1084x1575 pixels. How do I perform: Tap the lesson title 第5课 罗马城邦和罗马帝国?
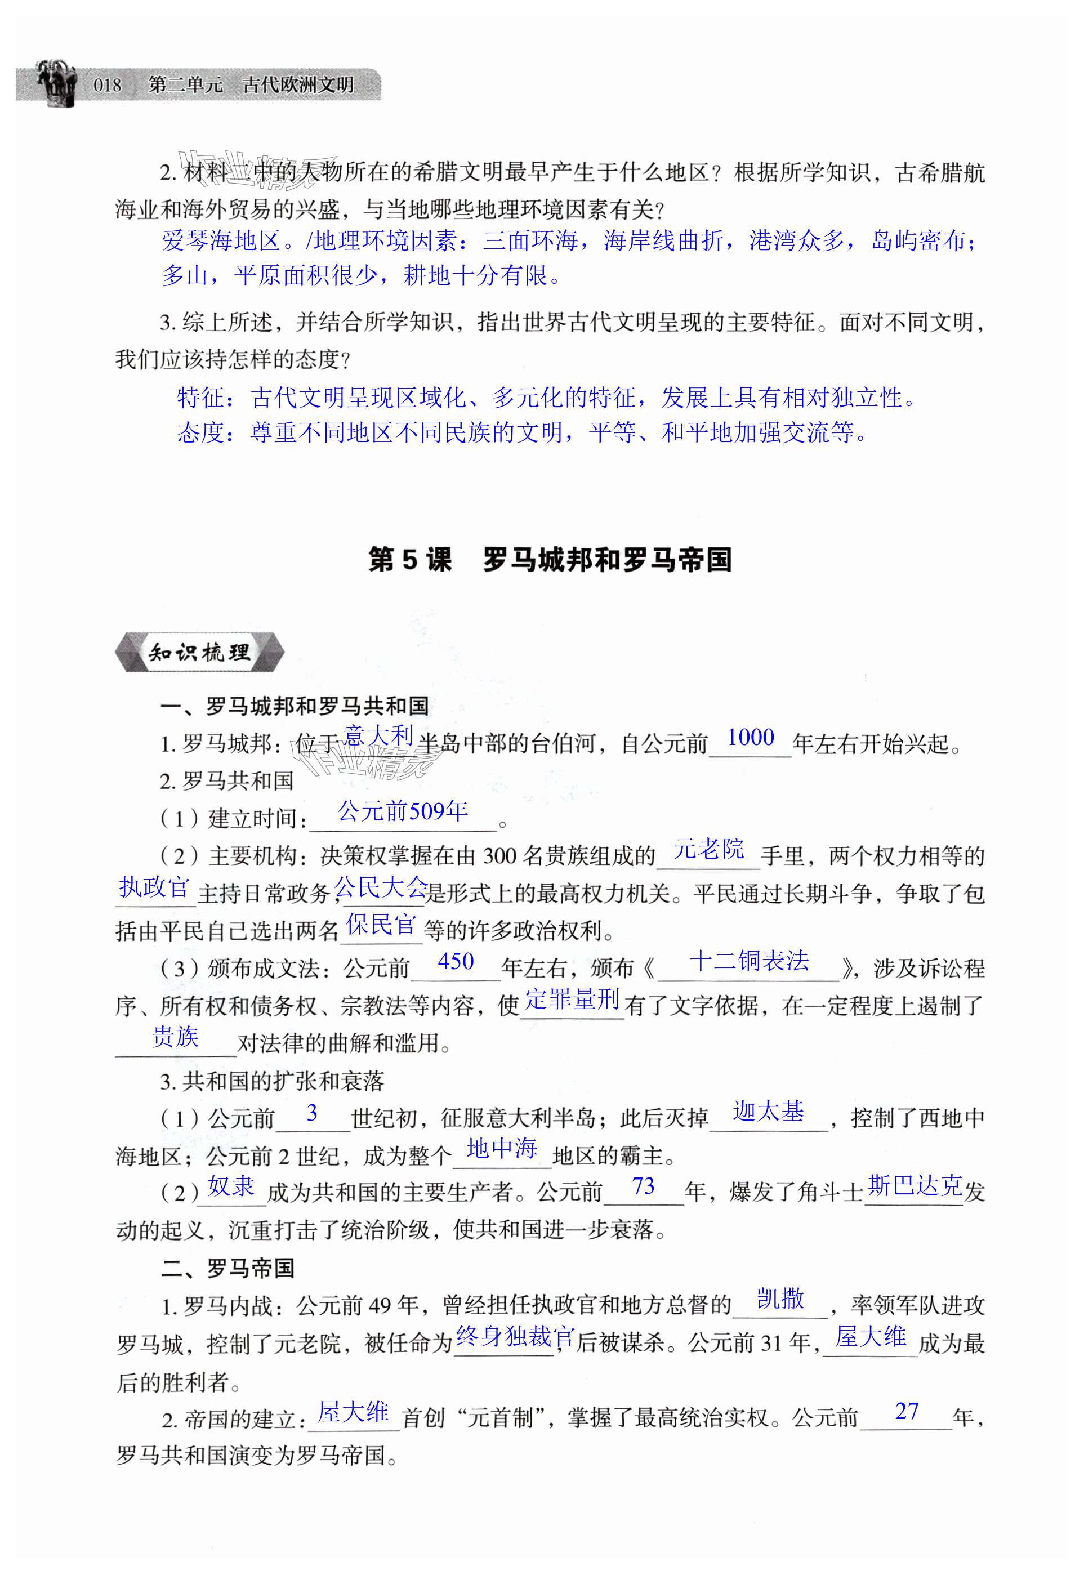tap(550, 560)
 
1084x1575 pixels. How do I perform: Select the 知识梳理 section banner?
tap(199, 653)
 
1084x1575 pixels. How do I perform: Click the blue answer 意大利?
tap(378, 736)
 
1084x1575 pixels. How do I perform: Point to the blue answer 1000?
tap(750, 738)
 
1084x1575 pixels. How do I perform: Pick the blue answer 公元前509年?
tap(403, 811)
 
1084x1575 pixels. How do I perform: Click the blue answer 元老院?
tap(708, 849)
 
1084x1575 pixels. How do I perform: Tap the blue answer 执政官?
tap(154, 887)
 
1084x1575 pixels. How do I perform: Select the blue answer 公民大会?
tap(381, 887)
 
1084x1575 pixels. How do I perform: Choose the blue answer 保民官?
tap(381, 925)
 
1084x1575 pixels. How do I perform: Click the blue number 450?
tap(456, 962)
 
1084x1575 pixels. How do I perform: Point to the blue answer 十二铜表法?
tap(749, 961)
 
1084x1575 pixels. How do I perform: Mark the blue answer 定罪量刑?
tap(573, 999)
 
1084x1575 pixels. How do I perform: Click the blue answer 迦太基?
tap(768, 1111)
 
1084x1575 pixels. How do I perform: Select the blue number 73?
tap(643, 1186)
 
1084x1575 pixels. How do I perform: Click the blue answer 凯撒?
tap(780, 1299)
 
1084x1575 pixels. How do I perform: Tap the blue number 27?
tap(907, 1411)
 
